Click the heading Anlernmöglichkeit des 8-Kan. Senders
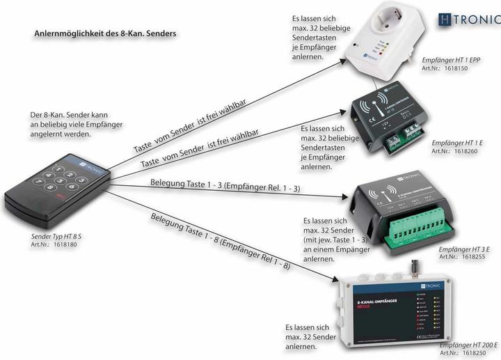point(104,33)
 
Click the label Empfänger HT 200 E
point(468,345)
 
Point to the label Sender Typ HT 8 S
point(52,237)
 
